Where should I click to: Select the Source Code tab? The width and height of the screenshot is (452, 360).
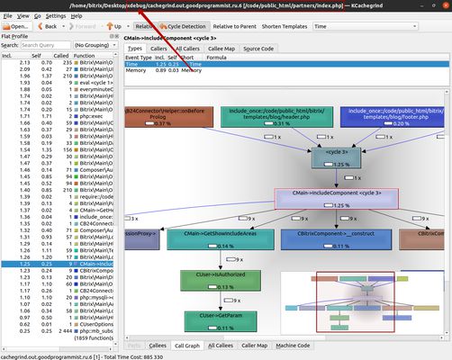pyautogui.click(x=258, y=48)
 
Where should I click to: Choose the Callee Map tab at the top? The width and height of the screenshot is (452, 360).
pyautogui.click(x=217, y=48)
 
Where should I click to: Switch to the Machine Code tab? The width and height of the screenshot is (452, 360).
pyautogui.click(x=292, y=345)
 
